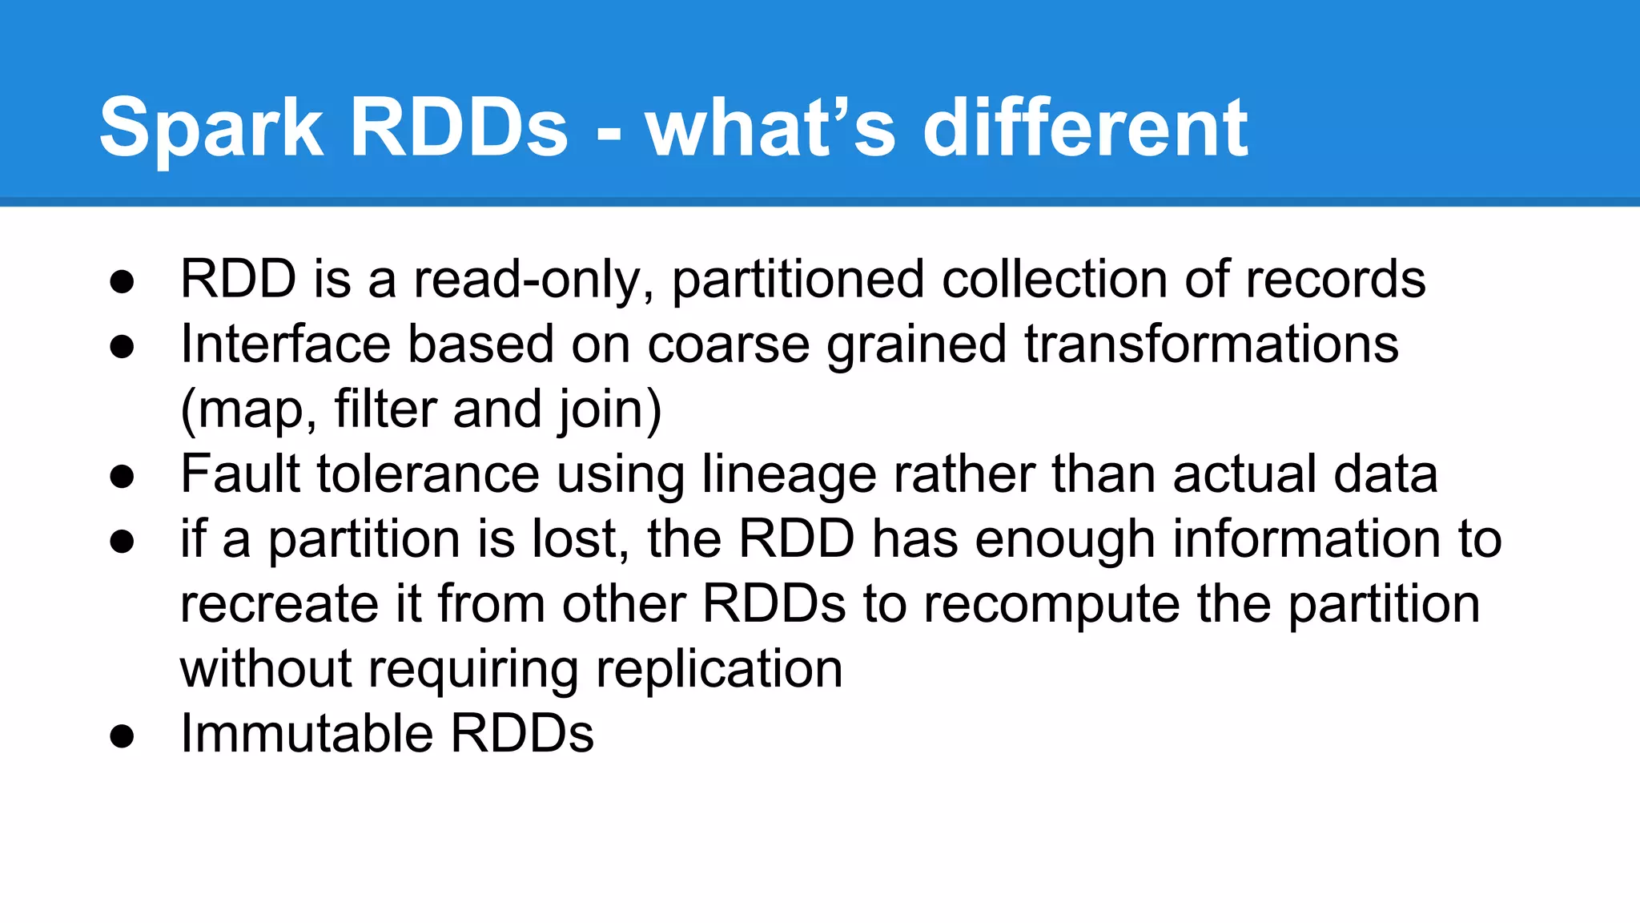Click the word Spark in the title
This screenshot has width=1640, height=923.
tap(211, 128)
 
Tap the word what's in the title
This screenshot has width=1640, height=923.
tap(770, 128)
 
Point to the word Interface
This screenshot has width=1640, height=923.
tap(286, 345)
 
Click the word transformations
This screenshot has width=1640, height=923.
tap(1211, 345)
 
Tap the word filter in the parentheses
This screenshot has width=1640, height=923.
tap(385, 409)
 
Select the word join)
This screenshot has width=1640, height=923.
tap(610, 409)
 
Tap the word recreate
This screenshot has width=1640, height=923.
tap(279, 604)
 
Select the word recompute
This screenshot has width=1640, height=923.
tap(1051, 604)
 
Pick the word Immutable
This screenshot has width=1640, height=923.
tap(307, 734)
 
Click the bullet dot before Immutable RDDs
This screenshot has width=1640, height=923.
tap(122, 736)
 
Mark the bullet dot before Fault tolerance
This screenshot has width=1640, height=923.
tap(122, 476)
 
